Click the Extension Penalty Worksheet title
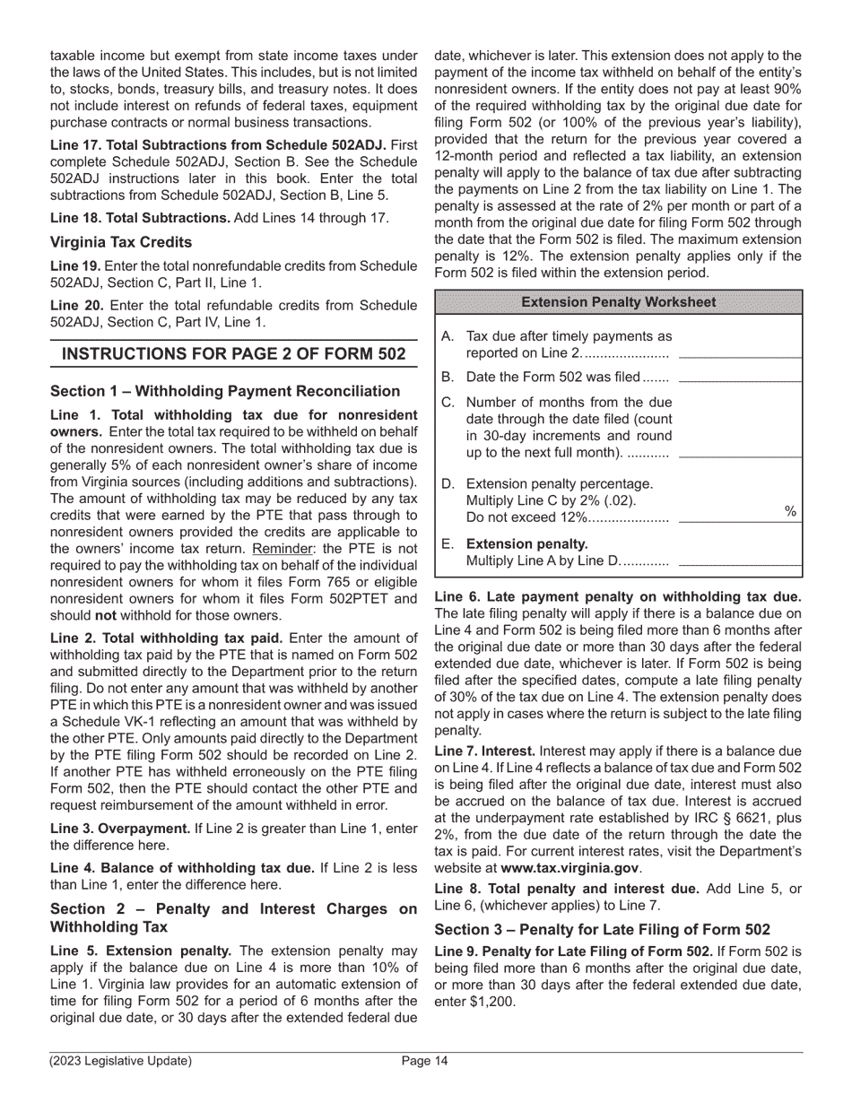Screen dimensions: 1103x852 tap(619, 302)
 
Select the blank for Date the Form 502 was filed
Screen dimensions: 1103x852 tap(739, 379)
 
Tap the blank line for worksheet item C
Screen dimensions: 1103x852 tap(739, 456)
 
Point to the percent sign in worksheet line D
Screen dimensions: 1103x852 tap(790, 511)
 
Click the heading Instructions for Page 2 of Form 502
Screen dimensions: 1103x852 tap(233, 354)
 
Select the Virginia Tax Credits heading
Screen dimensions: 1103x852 tap(121, 242)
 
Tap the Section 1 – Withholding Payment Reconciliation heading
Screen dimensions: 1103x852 tap(225, 391)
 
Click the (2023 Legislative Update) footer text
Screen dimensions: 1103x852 tap(121, 1062)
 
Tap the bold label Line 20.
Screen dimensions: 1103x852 tap(77, 307)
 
